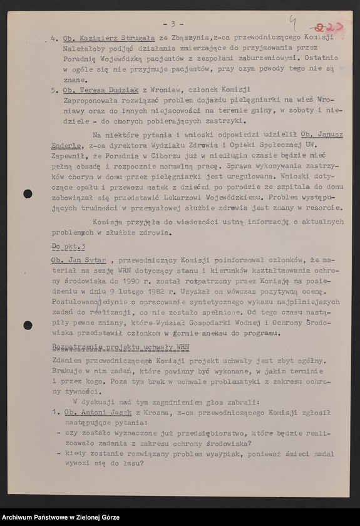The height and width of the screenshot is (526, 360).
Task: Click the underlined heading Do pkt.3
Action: point(68,247)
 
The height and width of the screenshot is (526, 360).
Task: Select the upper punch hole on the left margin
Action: point(28,193)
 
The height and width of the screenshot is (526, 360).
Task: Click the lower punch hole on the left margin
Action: point(28,325)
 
